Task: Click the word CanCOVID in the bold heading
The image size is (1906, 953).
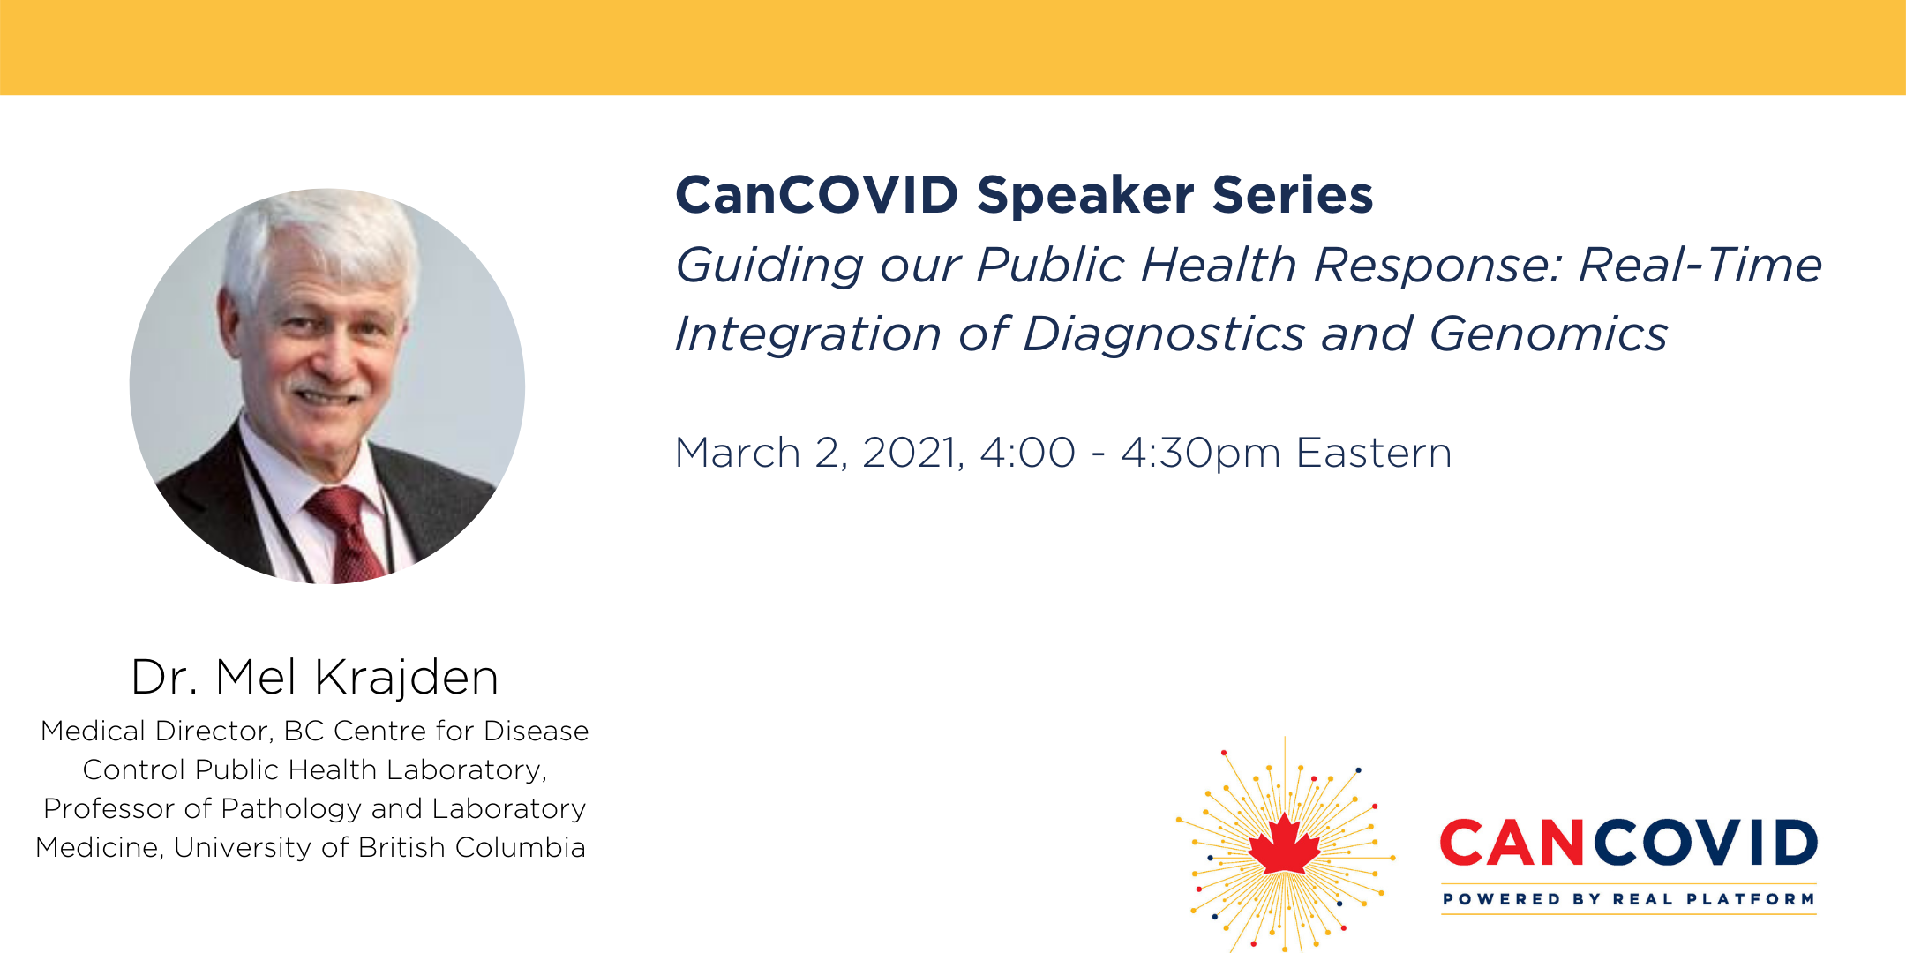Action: (x=817, y=195)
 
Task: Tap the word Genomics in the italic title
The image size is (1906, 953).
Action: (x=1549, y=334)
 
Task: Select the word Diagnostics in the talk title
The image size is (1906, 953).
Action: (x=1164, y=334)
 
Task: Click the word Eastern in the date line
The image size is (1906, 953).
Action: (x=1374, y=454)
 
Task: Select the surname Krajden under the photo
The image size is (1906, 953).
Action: (x=407, y=678)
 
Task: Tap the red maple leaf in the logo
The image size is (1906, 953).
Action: (x=1285, y=844)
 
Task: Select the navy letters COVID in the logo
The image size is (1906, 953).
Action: (x=1705, y=843)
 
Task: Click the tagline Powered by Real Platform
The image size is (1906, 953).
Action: (x=1629, y=899)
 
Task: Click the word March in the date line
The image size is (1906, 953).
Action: (x=738, y=454)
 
